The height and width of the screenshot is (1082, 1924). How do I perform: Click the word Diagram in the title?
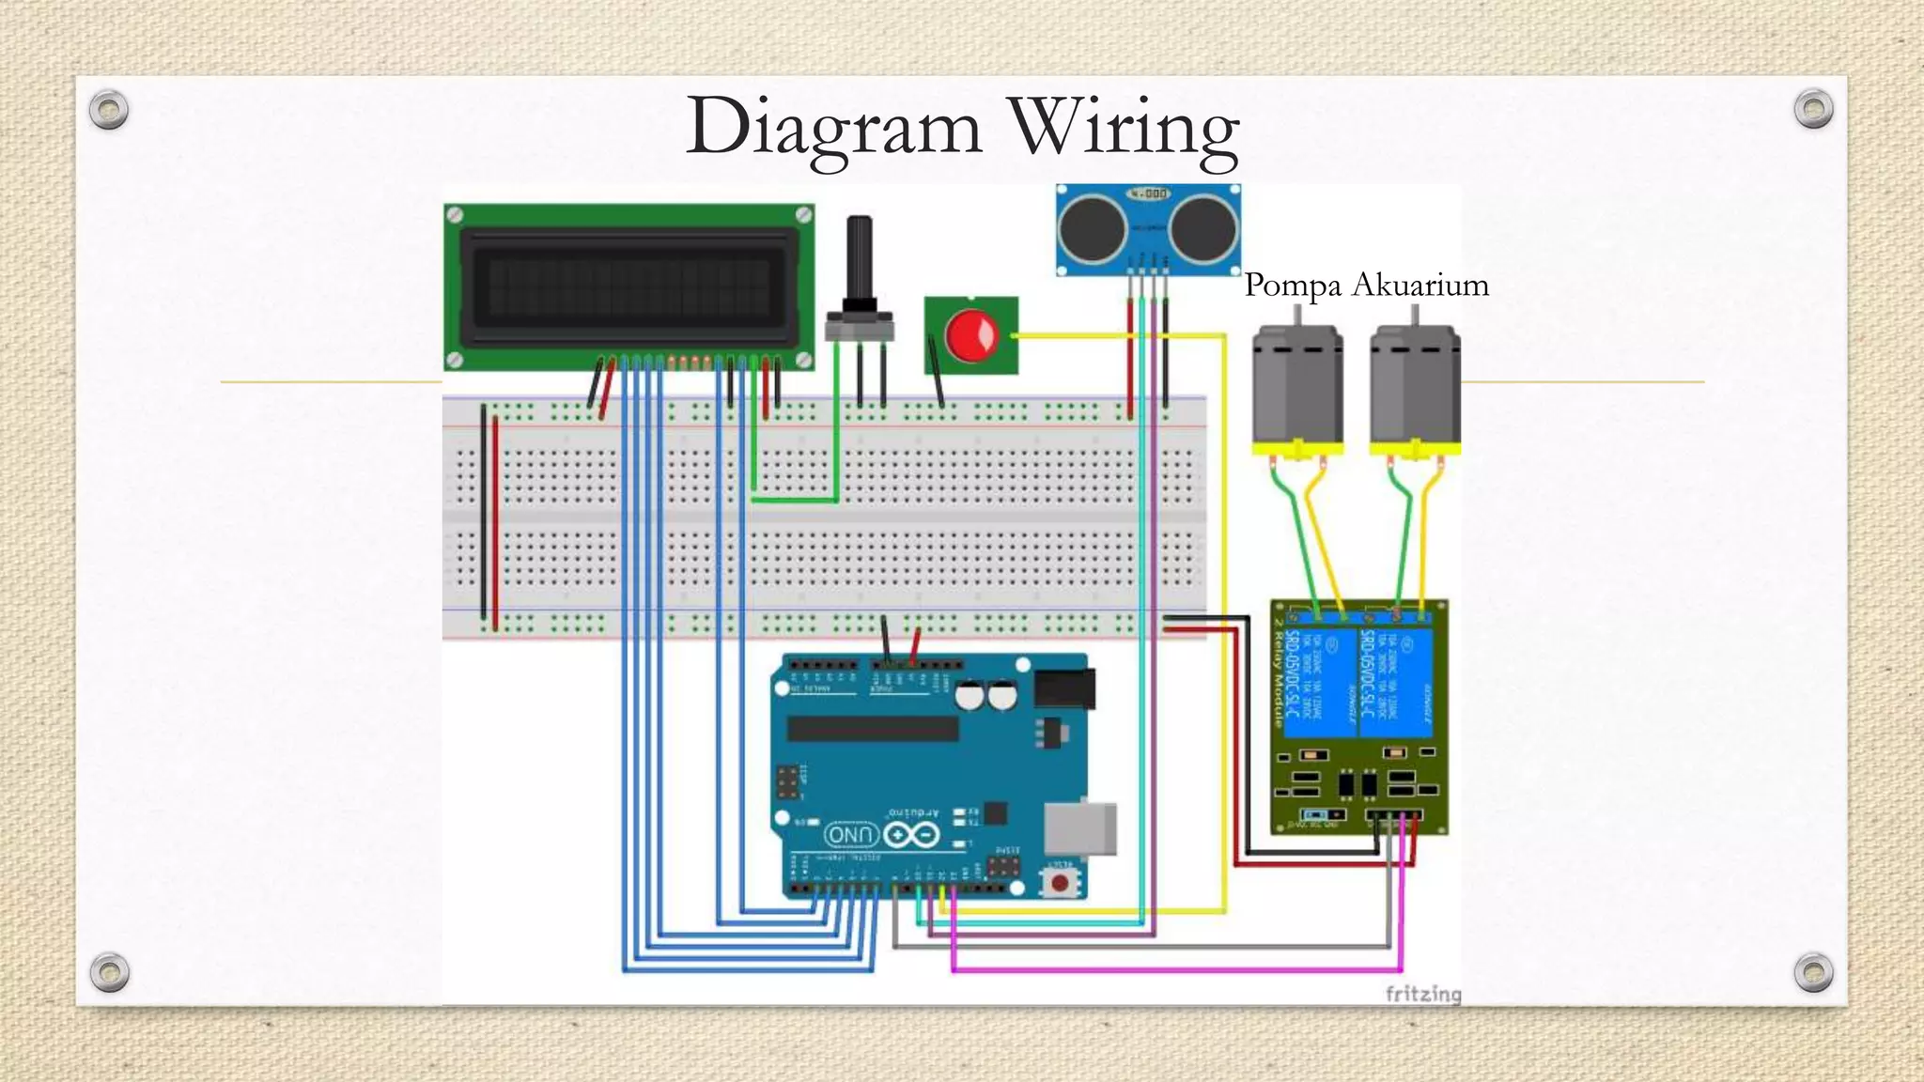click(833, 129)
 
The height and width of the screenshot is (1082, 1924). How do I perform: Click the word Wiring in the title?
click(1124, 129)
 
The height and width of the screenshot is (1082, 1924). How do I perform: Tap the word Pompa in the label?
click(1292, 285)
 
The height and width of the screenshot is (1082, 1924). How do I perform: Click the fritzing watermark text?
click(1423, 994)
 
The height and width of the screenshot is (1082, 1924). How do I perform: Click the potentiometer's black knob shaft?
click(859, 258)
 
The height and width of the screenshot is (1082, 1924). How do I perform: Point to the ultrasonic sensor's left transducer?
click(1094, 230)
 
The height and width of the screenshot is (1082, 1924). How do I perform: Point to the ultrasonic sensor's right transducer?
click(1202, 230)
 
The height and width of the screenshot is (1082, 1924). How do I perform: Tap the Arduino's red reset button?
click(1060, 883)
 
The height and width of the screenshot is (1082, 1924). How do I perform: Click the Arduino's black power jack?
click(1064, 688)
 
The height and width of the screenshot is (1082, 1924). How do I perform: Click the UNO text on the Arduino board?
click(851, 835)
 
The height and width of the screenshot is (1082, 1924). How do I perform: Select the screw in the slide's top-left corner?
click(109, 110)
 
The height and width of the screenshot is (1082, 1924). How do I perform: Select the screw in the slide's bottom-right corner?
click(1813, 972)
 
